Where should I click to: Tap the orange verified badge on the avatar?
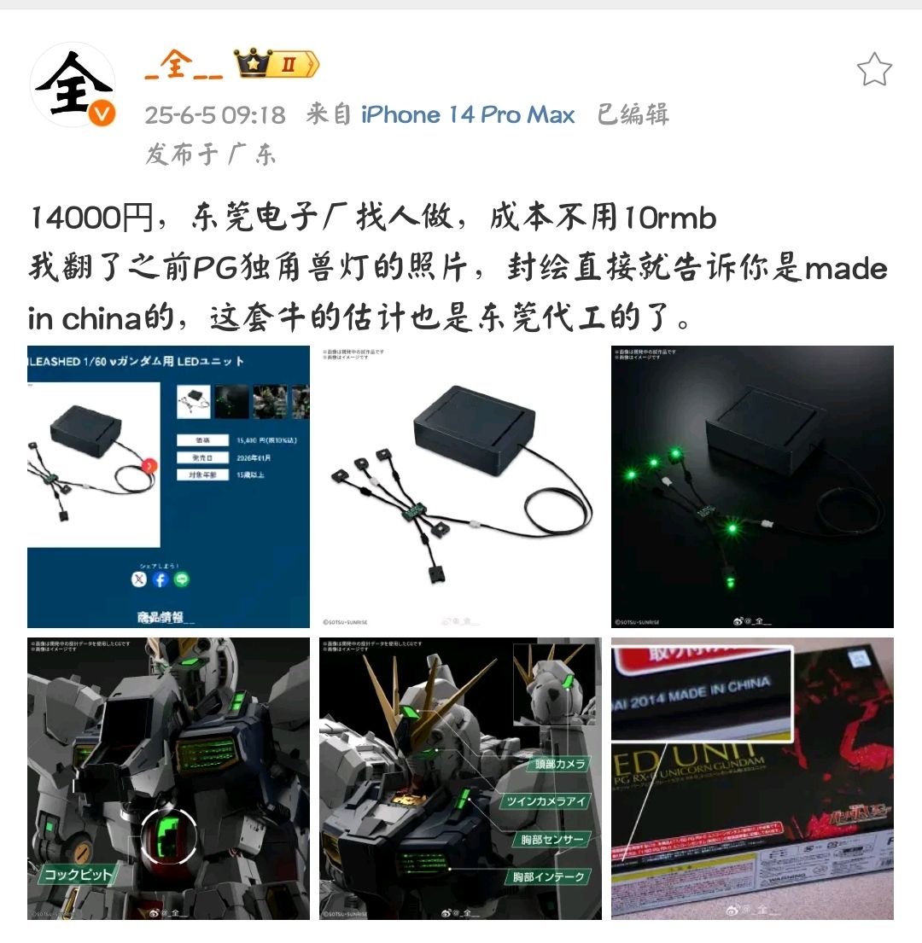pyautogui.click(x=101, y=114)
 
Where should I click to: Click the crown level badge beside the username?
pyautogui.click(x=278, y=64)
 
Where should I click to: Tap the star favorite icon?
pyautogui.click(x=874, y=69)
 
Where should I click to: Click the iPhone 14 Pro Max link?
pyautogui.click(x=468, y=115)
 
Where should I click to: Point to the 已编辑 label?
pyautogui.click(x=633, y=115)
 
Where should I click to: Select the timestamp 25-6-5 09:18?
pyautogui.click(x=214, y=115)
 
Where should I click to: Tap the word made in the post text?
pyautogui.click(x=846, y=269)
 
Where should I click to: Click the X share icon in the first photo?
pyautogui.click(x=139, y=579)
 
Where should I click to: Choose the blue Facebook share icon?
pyautogui.click(x=160, y=579)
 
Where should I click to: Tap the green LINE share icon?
pyautogui.click(x=182, y=579)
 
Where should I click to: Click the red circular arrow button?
pyautogui.click(x=150, y=466)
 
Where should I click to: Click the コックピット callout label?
pyautogui.click(x=77, y=875)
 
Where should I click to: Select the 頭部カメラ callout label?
pyautogui.click(x=559, y=764)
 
